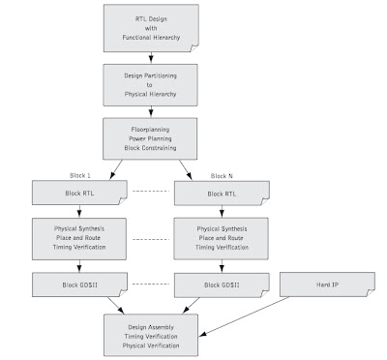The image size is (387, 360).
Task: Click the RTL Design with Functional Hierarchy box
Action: (x=151, y=28)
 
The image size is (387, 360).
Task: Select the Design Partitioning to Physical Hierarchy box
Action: (x=150, y=85)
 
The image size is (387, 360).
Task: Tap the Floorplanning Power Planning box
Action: (x=150, y=138)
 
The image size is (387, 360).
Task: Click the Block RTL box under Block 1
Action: (x=79, y=193)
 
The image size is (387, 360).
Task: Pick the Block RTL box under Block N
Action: (x=222, y=194)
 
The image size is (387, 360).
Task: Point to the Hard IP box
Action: (x=327, y=285)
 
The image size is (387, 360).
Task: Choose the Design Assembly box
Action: (x=151, y=336)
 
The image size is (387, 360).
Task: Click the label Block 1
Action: (x=80, y=175)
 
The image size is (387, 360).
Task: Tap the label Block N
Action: (x=222, y=176)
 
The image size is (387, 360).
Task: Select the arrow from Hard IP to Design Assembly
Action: (x=244, y=316)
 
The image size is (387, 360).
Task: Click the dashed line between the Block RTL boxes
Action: (x=151, y=191)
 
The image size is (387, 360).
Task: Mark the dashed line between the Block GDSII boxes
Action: (x=151, y=284)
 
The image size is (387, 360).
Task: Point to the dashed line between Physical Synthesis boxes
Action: (x=151, y=239)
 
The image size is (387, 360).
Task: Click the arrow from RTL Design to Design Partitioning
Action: (x=151, y=57)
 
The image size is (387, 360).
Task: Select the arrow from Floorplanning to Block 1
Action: (x=116, y=169)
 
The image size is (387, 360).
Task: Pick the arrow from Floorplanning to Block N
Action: (x=186, y=169)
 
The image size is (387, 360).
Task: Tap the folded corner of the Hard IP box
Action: (x=371, y=292)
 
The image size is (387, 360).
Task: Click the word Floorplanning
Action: (x=150, y=130)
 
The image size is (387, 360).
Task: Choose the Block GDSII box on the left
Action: (x=79, y=285)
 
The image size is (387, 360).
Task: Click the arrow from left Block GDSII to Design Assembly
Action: (x=116, y=305)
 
